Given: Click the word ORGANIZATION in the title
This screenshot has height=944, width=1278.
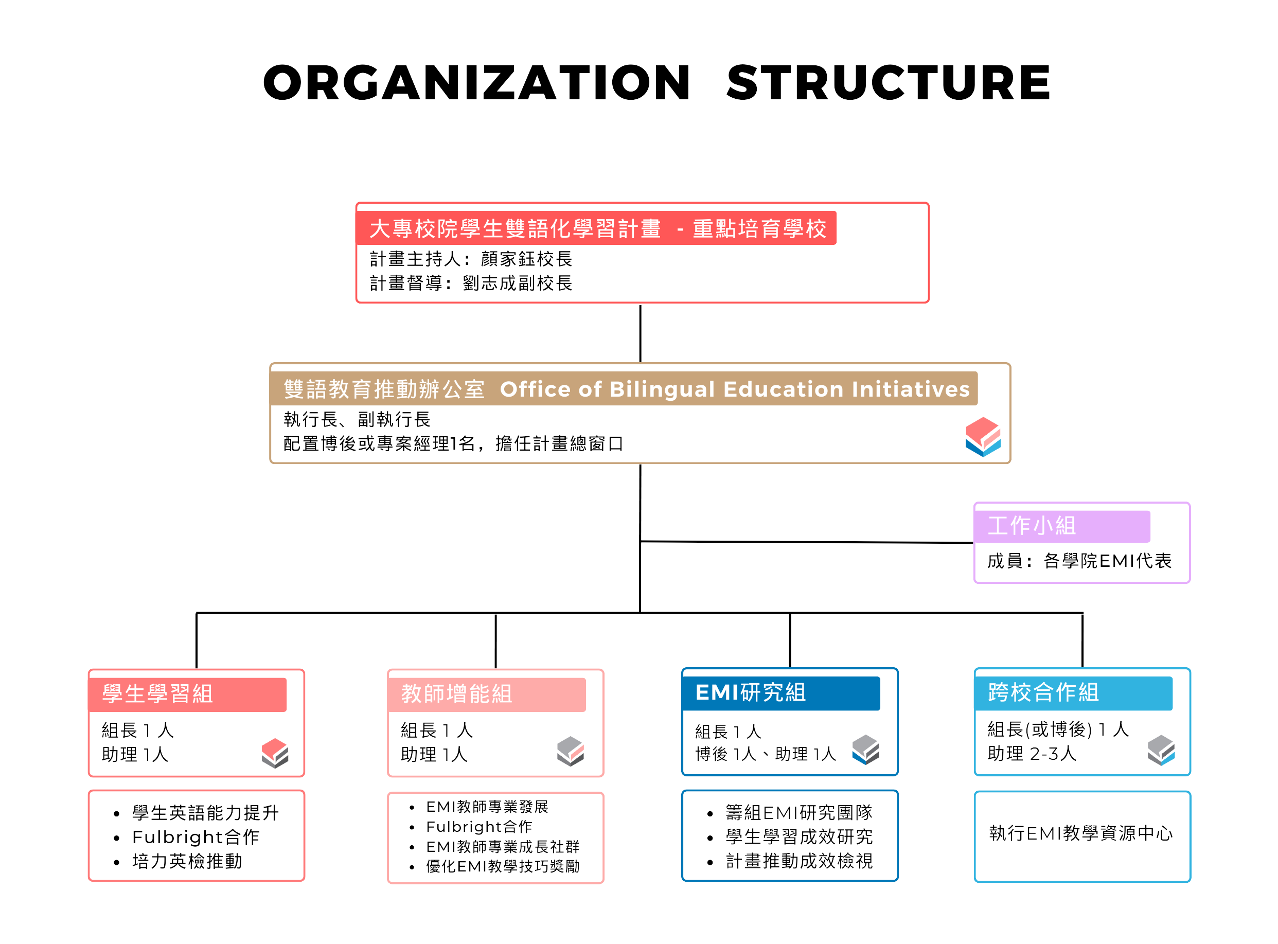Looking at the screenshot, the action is click(477, 83).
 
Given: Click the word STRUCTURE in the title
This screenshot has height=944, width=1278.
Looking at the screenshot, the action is click(889, 83).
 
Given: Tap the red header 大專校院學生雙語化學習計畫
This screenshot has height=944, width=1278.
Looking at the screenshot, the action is click(596, 228).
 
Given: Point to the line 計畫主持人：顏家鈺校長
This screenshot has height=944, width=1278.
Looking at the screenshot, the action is click(470, 259).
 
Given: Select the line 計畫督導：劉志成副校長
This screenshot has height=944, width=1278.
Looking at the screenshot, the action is click(470, 283).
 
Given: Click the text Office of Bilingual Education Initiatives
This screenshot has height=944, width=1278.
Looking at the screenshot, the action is click(735, 389).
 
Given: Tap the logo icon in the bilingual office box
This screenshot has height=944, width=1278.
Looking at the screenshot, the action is click(983, 437).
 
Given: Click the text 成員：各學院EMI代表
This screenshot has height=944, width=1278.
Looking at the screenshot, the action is click(1079, 561).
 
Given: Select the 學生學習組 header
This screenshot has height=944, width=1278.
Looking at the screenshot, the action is click(187, 694).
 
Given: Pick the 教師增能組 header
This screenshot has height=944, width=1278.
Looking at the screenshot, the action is click(487, 694).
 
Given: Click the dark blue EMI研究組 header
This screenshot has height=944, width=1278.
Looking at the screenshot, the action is click(782, 693).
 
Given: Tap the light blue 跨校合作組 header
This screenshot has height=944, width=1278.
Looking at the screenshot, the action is click(1074, 693).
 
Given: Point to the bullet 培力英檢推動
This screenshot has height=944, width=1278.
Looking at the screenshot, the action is click(187, 861).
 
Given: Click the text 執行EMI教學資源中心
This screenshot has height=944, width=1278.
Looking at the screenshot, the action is click(1081, 834).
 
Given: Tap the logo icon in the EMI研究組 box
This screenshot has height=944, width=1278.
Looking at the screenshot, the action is click(866, 750).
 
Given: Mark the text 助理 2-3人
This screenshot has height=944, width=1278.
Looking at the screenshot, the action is click(1032, 754).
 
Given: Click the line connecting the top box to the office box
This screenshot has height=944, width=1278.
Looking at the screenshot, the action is click(640, 333).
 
